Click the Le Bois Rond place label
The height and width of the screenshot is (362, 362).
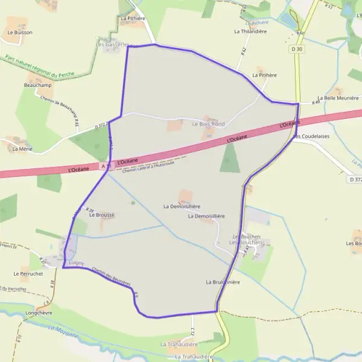click(208, 124)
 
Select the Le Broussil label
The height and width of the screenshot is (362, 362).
click(101, 215)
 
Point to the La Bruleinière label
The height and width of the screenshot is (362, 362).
click(223, 282)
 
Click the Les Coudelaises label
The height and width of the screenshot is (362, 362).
click(311, 136)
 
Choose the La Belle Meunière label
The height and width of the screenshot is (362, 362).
click(338, 98)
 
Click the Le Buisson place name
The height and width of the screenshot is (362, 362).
click(20, 33)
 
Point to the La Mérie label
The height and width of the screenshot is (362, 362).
click(22, 148)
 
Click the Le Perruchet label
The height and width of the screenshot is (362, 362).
click(28, 273)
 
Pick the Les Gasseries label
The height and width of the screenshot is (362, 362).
click(112, 45)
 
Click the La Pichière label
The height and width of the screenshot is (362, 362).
click(133, 19)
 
